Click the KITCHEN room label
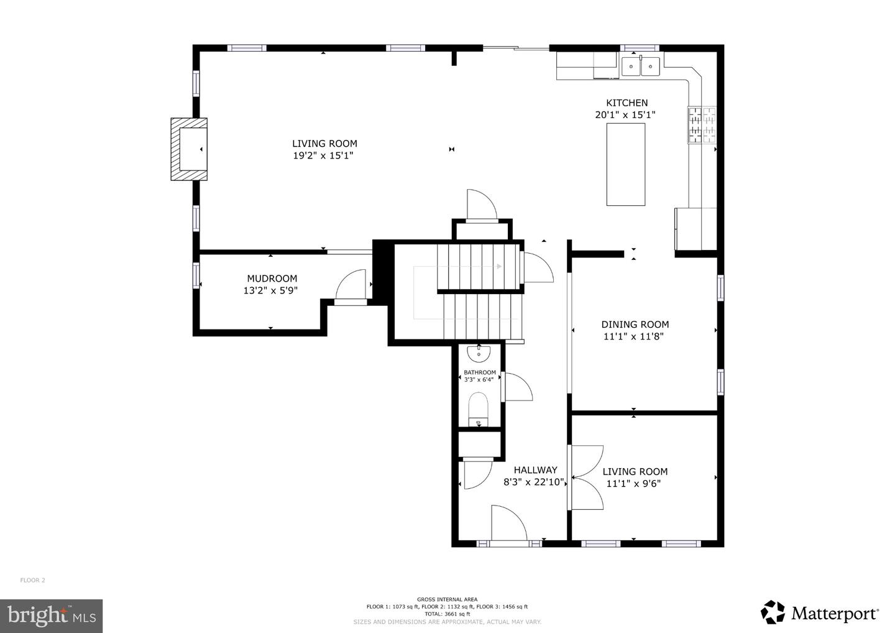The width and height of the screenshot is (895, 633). pos(626,103)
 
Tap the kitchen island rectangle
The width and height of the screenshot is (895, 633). pos(625,164)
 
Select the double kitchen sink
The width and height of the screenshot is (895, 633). pos(641,65)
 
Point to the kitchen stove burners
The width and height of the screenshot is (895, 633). pos(702,125)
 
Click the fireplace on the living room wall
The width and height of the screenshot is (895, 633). pos(190,149)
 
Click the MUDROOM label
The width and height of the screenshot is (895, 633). pos(272,279)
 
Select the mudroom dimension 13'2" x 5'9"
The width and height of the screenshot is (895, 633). pos(270,290)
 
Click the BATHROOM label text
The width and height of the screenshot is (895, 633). pos(479,372)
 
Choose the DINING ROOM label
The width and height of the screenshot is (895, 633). pos(635,324)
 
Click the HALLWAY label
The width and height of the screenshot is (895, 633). pos(535,470)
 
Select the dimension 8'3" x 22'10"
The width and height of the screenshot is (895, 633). pos(533,482)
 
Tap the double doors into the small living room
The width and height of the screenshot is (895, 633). pos(585,478)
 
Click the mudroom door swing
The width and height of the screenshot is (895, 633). pos(351,286)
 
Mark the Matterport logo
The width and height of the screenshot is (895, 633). pos(819,612)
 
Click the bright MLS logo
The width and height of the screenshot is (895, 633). pos(51,616)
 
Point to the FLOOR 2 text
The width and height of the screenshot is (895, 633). pos(32,580)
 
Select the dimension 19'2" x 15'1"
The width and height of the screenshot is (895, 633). pos(323,155)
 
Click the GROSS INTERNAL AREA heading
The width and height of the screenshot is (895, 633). pos(447,599)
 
